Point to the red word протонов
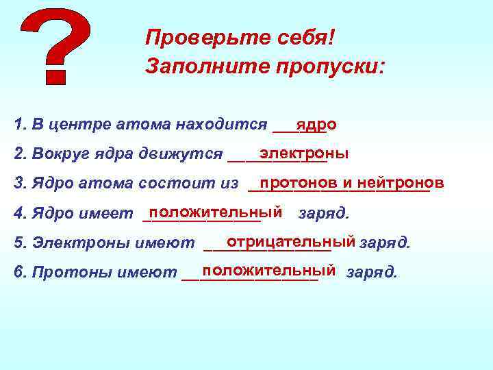click(x=299, y=182)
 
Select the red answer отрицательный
click(x=291, y=241)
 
